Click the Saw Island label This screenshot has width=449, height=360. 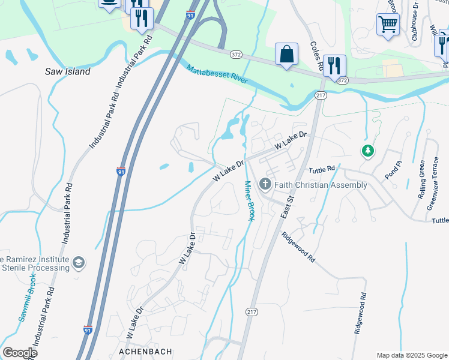pyautogui.click(x=68, y=71)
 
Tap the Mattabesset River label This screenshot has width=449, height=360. pyautogui.click(x=221, y=78)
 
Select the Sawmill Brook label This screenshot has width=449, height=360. pyautogui.click(x=26, y=298)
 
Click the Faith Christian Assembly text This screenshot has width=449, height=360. pyautogui.click(x=321, y=185)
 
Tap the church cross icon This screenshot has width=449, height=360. pyautogui.click(x=265, y=185)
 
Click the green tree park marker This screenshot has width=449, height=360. pyautogui.click(x=367, y=151)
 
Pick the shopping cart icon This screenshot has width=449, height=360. pyautogui.click(x=388, y=25)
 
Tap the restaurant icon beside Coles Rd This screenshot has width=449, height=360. pyautogui.click(x=334, y=65)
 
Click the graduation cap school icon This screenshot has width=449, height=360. pyautogui.click(x=78, y=262)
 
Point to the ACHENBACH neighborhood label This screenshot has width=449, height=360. pyautogui.click(x=145, y=351)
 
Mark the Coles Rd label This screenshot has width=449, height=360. pyautogui.click(x=316, y=57)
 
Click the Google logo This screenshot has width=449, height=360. pyautogui.click(x=20, y=353)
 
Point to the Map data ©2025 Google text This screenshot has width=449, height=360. pyautogui.click(x=412, y=355)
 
